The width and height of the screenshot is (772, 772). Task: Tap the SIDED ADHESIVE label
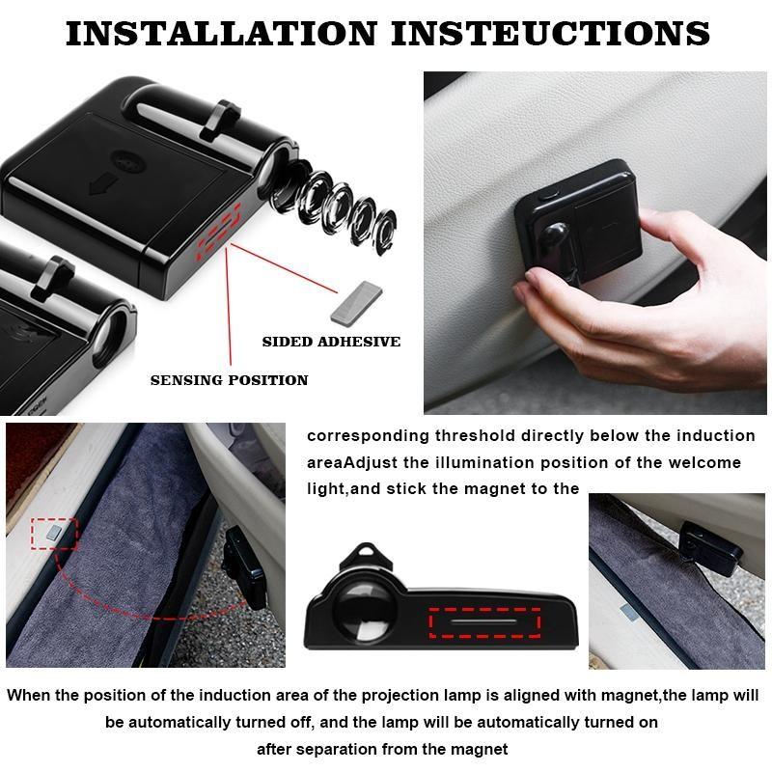(x=331, y=342)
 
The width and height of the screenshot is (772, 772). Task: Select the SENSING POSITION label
(x=229, y=380)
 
